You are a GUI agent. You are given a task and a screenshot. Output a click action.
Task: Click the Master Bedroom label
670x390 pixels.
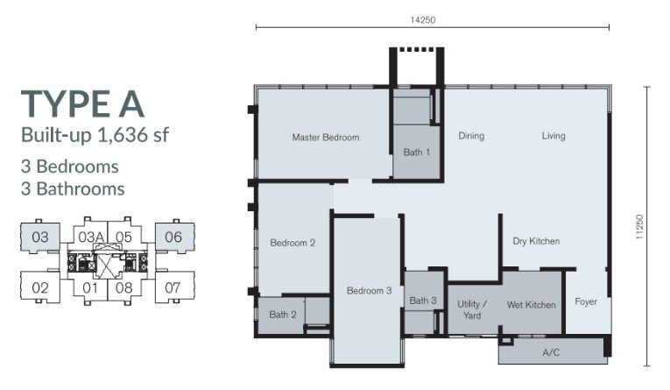coord(326,138)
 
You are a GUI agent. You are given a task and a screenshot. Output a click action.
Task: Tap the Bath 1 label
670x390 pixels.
coord(417,152)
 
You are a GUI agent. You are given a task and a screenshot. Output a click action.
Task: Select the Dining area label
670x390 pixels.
coord(471,136)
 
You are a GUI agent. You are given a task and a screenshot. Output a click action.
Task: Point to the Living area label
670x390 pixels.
coord(554,136)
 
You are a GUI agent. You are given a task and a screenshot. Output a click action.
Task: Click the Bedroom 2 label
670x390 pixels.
coord(293,243)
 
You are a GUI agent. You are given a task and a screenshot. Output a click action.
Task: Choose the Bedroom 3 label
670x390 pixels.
coord(370,291)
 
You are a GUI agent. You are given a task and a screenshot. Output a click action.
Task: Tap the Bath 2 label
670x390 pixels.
coord(282,315)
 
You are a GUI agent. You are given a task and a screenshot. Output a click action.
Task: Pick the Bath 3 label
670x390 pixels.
coord(423,301)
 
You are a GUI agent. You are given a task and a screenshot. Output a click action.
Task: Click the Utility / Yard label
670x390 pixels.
coord(472,309)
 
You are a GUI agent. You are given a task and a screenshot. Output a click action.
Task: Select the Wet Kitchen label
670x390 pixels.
coord(532,305)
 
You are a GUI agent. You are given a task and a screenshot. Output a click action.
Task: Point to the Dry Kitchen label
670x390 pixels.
coord(536,241)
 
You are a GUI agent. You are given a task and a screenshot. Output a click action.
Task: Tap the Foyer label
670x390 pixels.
coord(586,301)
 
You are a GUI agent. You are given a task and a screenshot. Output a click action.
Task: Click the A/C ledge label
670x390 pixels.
coord(551,353)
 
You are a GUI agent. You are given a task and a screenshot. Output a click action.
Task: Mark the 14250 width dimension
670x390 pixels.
coord(423,19)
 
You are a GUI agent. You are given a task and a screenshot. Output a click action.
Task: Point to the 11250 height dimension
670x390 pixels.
coord(639,227)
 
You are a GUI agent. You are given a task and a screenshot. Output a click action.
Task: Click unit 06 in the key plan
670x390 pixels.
coord(173,237)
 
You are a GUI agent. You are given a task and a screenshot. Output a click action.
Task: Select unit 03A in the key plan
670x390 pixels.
coord(91,237)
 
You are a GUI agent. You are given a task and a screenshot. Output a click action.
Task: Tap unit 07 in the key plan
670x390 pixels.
coord(173,287)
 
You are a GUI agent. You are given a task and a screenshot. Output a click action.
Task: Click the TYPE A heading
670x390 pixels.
coord(82,104)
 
